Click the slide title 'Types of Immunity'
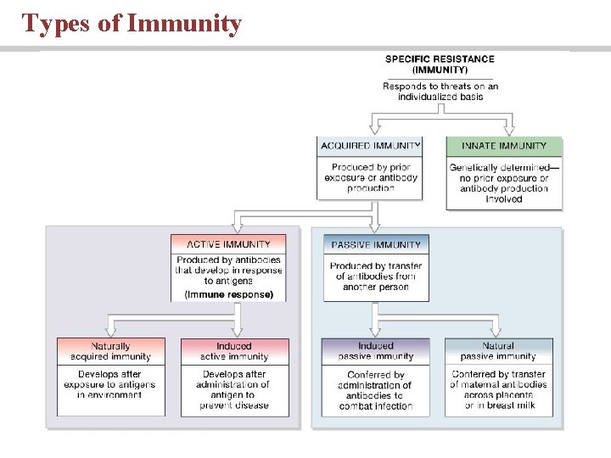click(132, 23)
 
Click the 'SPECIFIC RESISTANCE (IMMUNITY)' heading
click(440, 64)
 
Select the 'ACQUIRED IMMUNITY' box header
click(370, 146)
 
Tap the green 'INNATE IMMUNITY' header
click(504, 146)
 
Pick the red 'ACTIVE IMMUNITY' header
click(228, 244)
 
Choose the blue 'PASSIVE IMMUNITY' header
click(376, 244)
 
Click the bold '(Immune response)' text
click(228, 294)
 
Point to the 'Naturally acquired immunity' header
click(111, 351)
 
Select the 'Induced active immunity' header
click(234, 351)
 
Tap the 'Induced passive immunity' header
click(375, 351)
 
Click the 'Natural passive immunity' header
click(498, 351)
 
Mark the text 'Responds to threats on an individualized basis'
click(440, 92)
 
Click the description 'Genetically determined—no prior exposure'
click(504, 178)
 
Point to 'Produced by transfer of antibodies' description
click(376, 276)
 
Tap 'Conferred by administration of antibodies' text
click(375, 390)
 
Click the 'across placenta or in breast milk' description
click(499, 400)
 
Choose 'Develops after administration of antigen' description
click(234, 390)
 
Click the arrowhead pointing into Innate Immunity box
click(508, 131)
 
